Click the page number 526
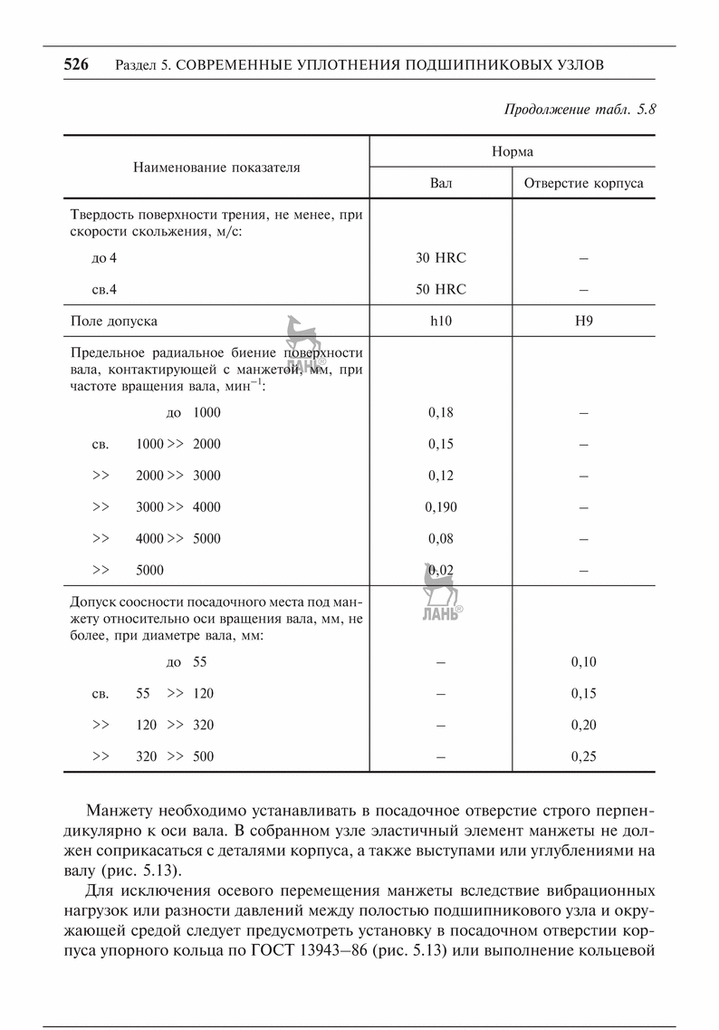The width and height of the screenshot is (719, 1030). (75, 64)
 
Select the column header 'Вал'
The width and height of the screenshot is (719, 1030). (440, 183)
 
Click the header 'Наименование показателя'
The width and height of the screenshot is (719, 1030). (216, 167)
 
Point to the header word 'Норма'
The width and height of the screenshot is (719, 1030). (512, 151)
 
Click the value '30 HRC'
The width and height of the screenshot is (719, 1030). (440, 258)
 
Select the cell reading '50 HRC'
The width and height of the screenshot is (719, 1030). (440, 290)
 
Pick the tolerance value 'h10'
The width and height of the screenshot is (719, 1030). (440, 321)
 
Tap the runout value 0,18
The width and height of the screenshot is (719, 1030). (440, 412)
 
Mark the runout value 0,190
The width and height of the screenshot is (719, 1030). (440, 507)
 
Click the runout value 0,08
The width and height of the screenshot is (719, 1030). (440, 539)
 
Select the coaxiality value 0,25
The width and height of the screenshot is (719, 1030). (583, 756)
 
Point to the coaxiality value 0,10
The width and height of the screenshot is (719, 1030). (583, 662)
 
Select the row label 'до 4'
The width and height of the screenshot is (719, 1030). (104, 258)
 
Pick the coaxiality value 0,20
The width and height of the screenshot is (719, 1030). (583, 725)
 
